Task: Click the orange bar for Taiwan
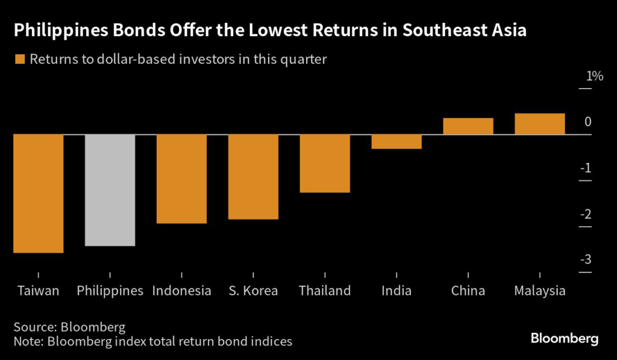[x=38, y=193]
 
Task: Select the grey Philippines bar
[x=110, y=189]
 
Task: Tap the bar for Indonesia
[x=181, y=178]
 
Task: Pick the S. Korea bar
[x=253, y=176]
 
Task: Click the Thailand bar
[x=325, y=163]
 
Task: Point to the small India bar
[x=396, y=141]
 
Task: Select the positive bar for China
[x=468, y=126]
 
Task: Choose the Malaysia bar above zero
[x=540, y=124]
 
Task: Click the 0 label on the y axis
[x=587, y=122]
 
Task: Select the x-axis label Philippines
[x=110, y=291]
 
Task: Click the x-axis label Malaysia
[x=540, y=291]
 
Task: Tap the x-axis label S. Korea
[x=253, y=291]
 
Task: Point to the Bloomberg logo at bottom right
[x=564, y=338]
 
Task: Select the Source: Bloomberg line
[x=69, y=327]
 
